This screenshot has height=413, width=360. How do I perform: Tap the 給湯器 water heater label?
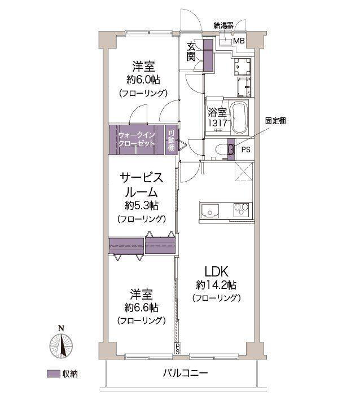pos(224,25)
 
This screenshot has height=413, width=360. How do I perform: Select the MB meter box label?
pos(239,41)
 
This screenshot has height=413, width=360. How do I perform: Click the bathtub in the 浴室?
pos(238,117)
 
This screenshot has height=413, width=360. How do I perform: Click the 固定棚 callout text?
pos(276,120)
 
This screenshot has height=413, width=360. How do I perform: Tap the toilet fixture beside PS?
pos(230,149)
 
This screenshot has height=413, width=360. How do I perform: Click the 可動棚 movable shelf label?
pos(172,140)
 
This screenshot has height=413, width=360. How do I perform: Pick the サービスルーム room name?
pos(141,184)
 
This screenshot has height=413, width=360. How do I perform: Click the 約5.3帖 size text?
pos(141,205)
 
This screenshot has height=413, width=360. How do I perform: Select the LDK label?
pos(216,270)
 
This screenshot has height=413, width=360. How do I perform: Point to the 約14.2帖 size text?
pos(216,284)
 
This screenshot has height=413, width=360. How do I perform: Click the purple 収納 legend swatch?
pos(53,374)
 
